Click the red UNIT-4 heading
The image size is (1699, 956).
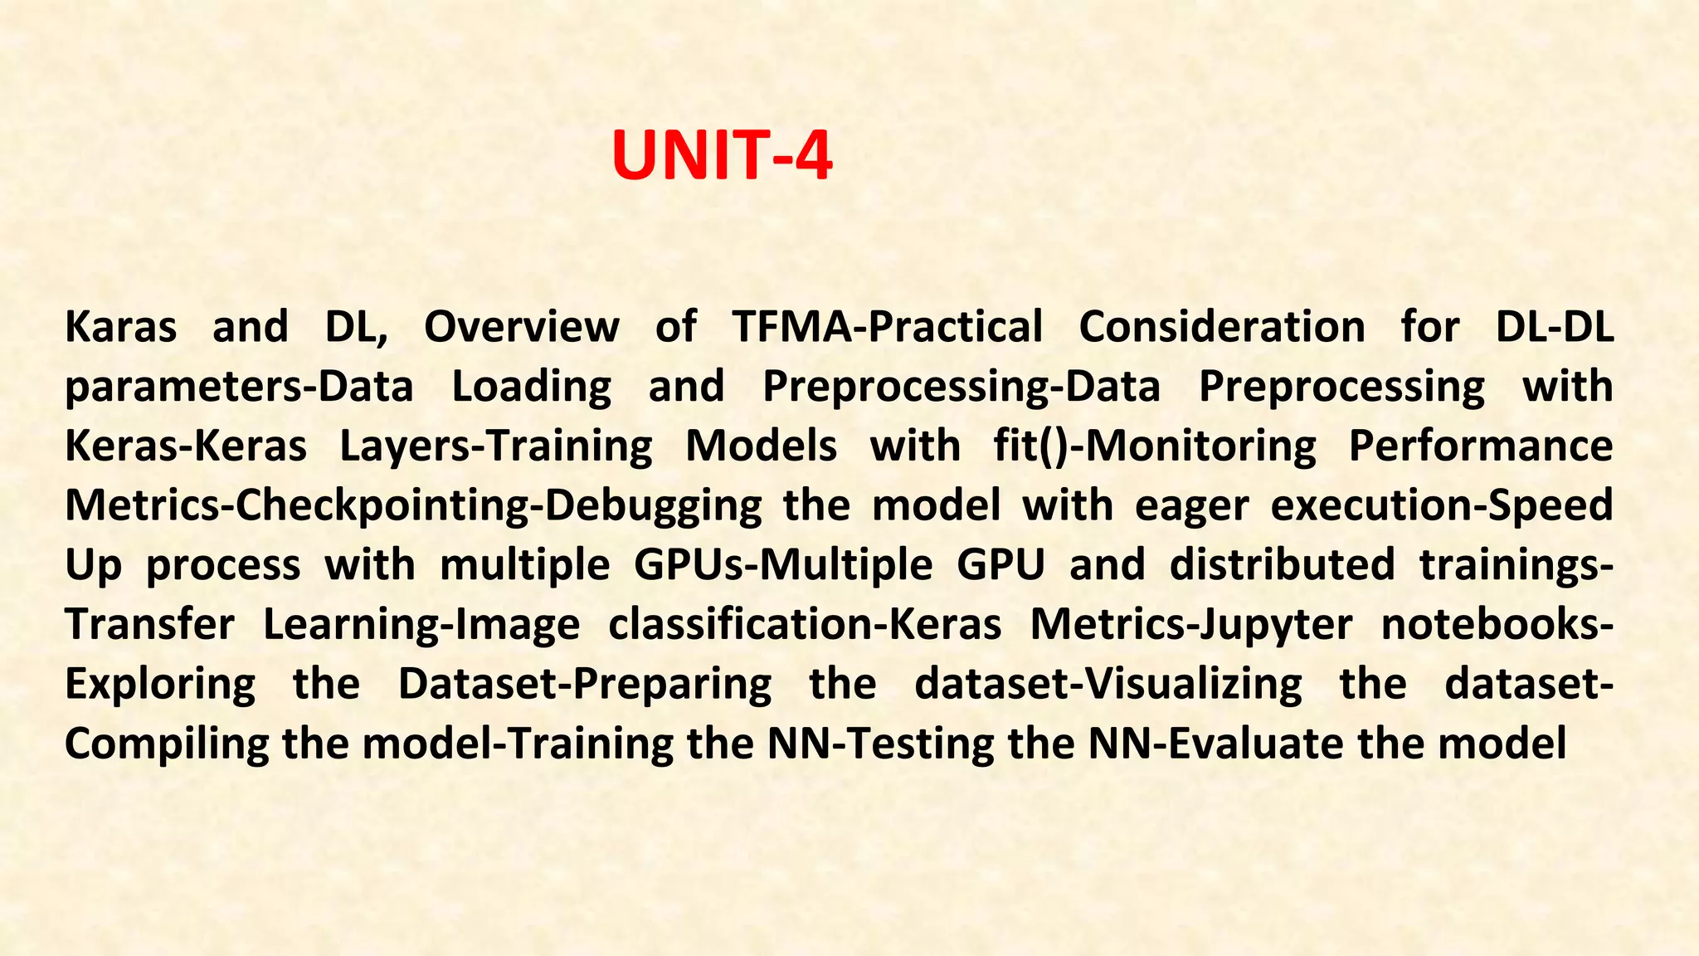point(722,156)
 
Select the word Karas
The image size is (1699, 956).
point(120,326)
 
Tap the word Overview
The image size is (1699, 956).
point(521,326)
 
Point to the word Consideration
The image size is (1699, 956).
point(1221,326)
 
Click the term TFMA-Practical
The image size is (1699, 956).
point(887,326)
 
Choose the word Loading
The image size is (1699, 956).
point(531,387)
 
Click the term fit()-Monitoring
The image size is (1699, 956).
point(1154,446)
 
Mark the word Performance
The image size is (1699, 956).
point(1481,446)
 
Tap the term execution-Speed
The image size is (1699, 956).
point(1442,506)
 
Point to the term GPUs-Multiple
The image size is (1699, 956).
point(783,565)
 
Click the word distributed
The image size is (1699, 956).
point(1282,565)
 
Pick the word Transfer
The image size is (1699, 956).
point(149,624)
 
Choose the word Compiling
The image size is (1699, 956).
point(166,744)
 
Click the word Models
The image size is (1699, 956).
point(761,446)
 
